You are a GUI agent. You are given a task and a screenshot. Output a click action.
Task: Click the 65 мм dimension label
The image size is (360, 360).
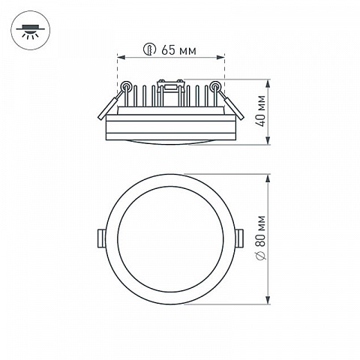tap(178, 50)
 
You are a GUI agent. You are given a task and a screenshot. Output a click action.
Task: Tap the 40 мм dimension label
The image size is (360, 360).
tap(261, 111)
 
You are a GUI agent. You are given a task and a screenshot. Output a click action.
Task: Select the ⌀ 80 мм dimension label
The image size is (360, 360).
tap(261, 238)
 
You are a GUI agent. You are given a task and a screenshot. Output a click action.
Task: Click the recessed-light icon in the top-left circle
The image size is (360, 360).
tap(30, 31)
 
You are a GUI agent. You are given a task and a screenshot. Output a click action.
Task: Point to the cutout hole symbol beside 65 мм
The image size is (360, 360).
tap(150, 49)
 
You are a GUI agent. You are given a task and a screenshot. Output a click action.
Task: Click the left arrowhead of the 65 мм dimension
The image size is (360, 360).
tap(121, 58)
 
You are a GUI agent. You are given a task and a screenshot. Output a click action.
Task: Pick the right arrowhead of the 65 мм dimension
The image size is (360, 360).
tap(220, 58)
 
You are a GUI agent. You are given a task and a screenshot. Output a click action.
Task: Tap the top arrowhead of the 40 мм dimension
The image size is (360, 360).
tap(268, 84)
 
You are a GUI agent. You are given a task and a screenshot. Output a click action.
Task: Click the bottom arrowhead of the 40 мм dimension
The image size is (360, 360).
tap(268, 140)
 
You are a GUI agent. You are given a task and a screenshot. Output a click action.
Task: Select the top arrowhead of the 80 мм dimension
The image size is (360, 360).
tap(268, 178)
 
